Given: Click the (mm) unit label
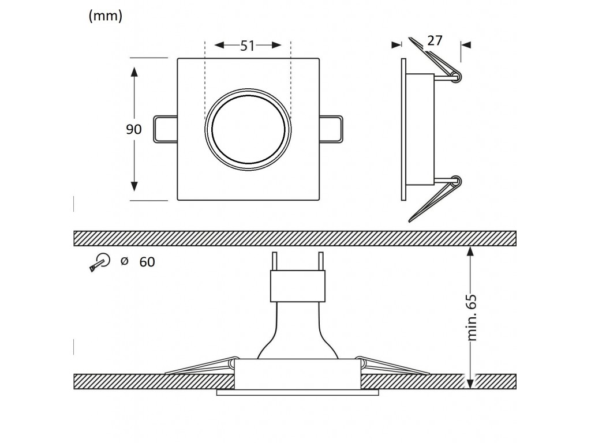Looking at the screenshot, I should (x=106, y=17).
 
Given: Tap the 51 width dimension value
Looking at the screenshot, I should (x=248, y=46).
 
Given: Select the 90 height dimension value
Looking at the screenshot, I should (x=134, y=129).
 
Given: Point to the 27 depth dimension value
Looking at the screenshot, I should (x=435, y=40).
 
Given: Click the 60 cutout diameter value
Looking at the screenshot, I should (x=147, y=262).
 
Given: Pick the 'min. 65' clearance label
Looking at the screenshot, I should (x=473, y=317).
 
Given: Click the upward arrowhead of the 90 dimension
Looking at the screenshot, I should (x=134, y=72).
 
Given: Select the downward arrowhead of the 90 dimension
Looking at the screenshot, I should (x=134, y=186).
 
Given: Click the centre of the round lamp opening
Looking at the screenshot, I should (x=248, y=129).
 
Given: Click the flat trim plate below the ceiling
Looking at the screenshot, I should (x=298, y=393).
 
